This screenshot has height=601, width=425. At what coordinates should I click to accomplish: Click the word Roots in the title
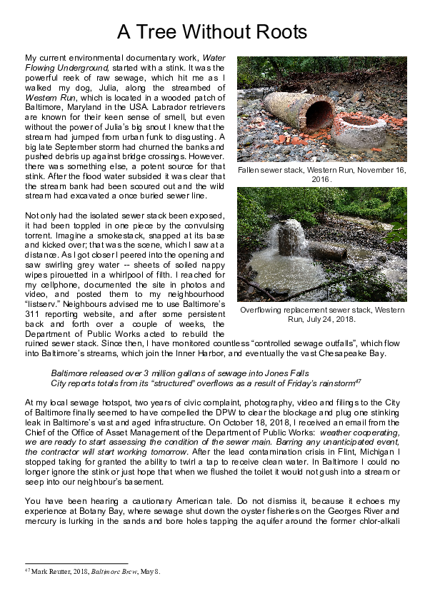click(x=275, y=32)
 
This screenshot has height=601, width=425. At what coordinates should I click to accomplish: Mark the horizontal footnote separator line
click(x=76, y=563)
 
